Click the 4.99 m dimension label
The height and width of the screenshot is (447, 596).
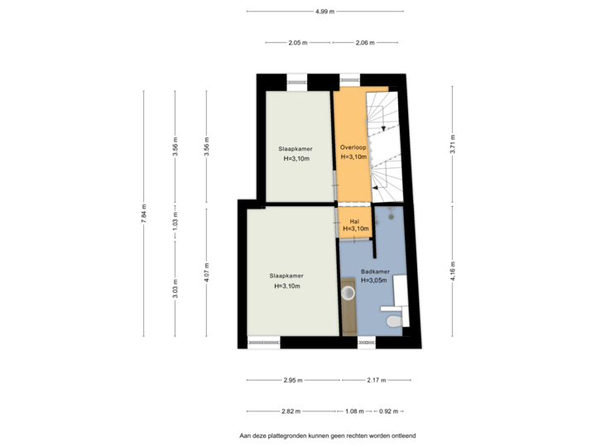(324, 12)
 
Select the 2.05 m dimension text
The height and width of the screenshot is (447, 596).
(298, 42)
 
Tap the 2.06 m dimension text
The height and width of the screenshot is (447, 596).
(365, 42)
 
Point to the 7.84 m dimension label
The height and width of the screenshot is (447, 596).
(144, 214)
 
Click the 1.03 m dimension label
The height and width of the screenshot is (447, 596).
(175, 219)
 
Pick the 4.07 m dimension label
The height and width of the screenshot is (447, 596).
(206, 272)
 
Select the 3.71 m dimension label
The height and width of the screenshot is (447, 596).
(452, 144)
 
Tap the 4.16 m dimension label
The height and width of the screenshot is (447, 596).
(452, 271)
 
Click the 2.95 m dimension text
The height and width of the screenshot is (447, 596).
(293, 380)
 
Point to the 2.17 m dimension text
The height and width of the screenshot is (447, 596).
(377, 380)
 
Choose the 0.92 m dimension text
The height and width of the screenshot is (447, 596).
(388, 411)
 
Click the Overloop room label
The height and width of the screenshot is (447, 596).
(353, 147)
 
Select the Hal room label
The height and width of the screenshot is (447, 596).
(354, 221)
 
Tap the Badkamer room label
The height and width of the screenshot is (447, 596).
(375, 272)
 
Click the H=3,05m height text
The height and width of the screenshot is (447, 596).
(373, 281)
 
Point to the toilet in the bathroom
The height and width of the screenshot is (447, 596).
(395, 321)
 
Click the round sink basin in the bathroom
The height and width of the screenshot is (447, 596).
(348, 293)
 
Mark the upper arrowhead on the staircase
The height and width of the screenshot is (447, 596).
(383, 128)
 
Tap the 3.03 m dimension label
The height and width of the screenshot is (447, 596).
(175, 289)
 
